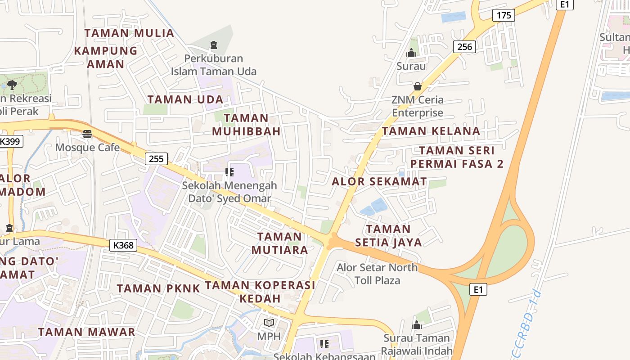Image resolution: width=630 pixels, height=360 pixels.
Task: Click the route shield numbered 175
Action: pyautogui.click(x=504, y=15)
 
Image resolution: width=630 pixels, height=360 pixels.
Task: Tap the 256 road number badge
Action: pyautogui.click(x=464, y=46)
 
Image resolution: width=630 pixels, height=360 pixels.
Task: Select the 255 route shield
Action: pyautogui.click(x=156, y=158)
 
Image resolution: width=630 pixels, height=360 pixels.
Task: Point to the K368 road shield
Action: pyautogui.click(x=123, y=245)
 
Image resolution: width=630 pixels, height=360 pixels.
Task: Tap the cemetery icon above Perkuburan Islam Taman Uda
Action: pyautogui.click(x=213, y=45)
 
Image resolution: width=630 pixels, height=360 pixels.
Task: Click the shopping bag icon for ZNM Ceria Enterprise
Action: pyautogui.click(x=418, y=86)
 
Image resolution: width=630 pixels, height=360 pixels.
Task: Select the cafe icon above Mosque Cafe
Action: pyautogui.click(x=87, y=134)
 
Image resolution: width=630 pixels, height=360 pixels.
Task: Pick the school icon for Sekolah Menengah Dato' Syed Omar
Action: pyautogui.click(x=229, y=172)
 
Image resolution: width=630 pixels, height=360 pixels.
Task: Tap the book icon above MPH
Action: pyautogui.click(x=269, y=323)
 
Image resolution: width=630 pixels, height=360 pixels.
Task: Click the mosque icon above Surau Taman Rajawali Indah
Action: pyautogui.click(x=417, y=324)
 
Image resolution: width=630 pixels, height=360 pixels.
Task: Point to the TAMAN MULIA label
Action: pyautogui.click(x=129, y=33)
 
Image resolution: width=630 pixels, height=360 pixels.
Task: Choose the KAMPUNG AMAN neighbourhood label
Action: pyautogui.click(x=106, y=57)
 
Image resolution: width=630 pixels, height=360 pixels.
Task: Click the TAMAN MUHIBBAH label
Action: pyautogui.click(x=246, y=125)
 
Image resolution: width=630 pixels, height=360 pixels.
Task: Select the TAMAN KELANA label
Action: pyautogui.click(x=431, y=131)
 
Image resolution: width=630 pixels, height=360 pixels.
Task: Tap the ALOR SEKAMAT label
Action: pyautogui.click(x=379, y=182)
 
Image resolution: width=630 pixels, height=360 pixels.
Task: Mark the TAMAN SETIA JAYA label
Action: pyautogui.click(x=388, y=235)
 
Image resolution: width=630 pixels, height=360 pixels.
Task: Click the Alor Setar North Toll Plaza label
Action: pyautogui.click(x=377, y=274)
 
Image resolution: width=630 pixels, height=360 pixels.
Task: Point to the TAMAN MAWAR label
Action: pyautogui.click(x=86, y=332)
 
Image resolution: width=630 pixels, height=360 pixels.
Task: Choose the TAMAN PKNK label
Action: pyautogui.click(x=158, y=288)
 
